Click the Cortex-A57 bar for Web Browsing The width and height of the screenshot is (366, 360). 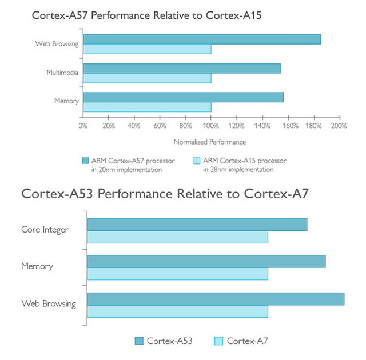[202, 39]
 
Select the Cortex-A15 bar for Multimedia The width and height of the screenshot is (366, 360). [147, 78]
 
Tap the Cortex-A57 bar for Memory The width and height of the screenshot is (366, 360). [183, 97]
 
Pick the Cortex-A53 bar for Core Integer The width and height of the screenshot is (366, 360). [197, 225]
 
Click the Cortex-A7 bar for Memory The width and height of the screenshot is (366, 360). [177, 274]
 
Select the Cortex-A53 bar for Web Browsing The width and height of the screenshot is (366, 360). [216, 299]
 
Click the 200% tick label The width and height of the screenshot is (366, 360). [339, 126]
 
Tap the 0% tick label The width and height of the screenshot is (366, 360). [83, 126]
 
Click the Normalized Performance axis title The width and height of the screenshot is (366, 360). [209, 142]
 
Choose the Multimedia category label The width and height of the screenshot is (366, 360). [62, 73]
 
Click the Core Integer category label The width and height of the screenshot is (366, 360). [45, 230]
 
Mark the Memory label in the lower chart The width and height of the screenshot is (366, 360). [37, 266]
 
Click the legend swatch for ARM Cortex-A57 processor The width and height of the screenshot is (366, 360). [86, 161]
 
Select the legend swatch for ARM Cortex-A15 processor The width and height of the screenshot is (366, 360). [197, 161]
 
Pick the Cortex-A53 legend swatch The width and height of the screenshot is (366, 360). [139, 341]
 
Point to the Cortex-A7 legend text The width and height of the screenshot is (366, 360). [247, 341]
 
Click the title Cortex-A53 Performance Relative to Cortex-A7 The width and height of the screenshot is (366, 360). [165, 193]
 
